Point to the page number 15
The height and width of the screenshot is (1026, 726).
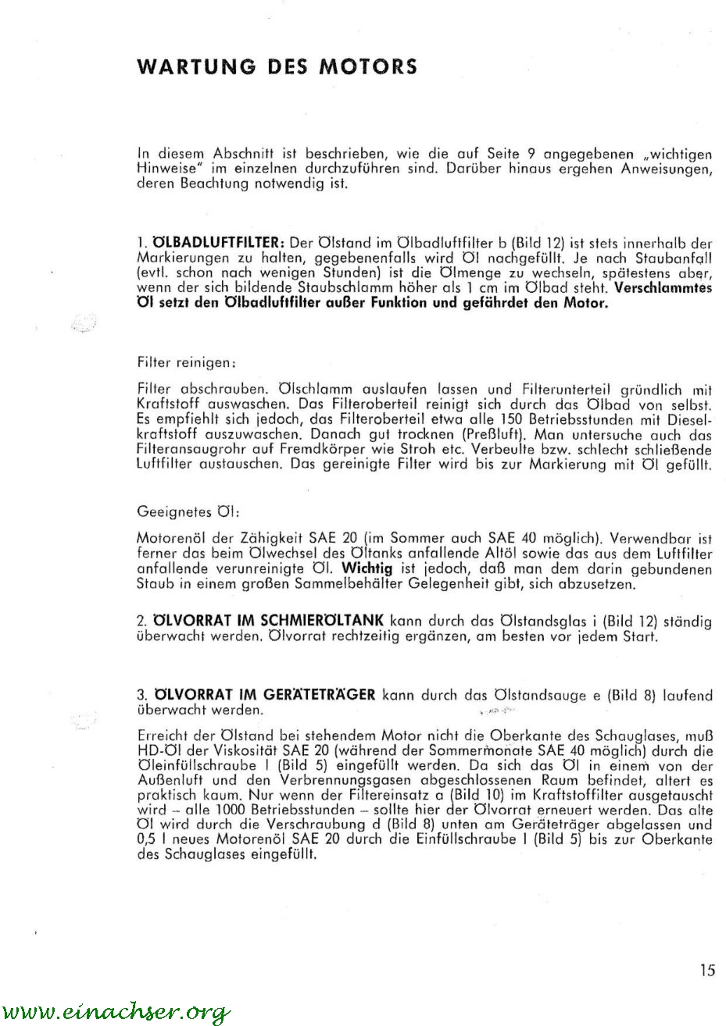click(707, 971)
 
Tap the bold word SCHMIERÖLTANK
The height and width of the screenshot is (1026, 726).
click(322, 622)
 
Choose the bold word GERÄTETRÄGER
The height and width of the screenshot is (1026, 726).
click(322, 694)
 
